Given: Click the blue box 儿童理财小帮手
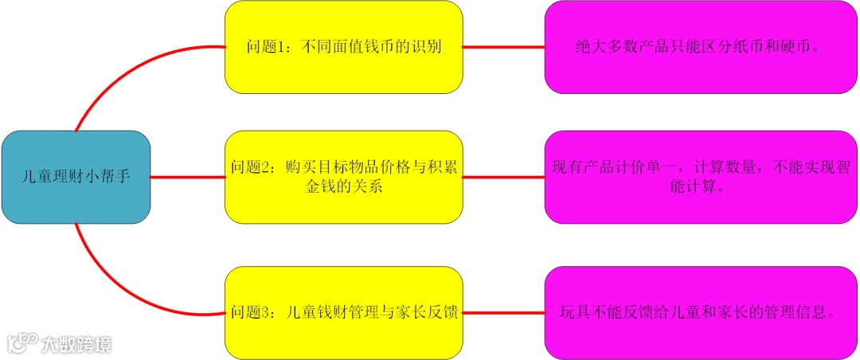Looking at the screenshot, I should [x=76, y=177].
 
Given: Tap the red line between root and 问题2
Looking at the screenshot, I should [x=187, y=177].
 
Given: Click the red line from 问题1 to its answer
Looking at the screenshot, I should [x=503, y=47].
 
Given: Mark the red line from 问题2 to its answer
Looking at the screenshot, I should [x=503, y=177].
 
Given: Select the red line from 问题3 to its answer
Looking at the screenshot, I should [x=503, y=312].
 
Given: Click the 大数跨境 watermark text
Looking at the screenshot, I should [x=76, y=344].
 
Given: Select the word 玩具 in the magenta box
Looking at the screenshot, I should [x=576, y=312].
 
